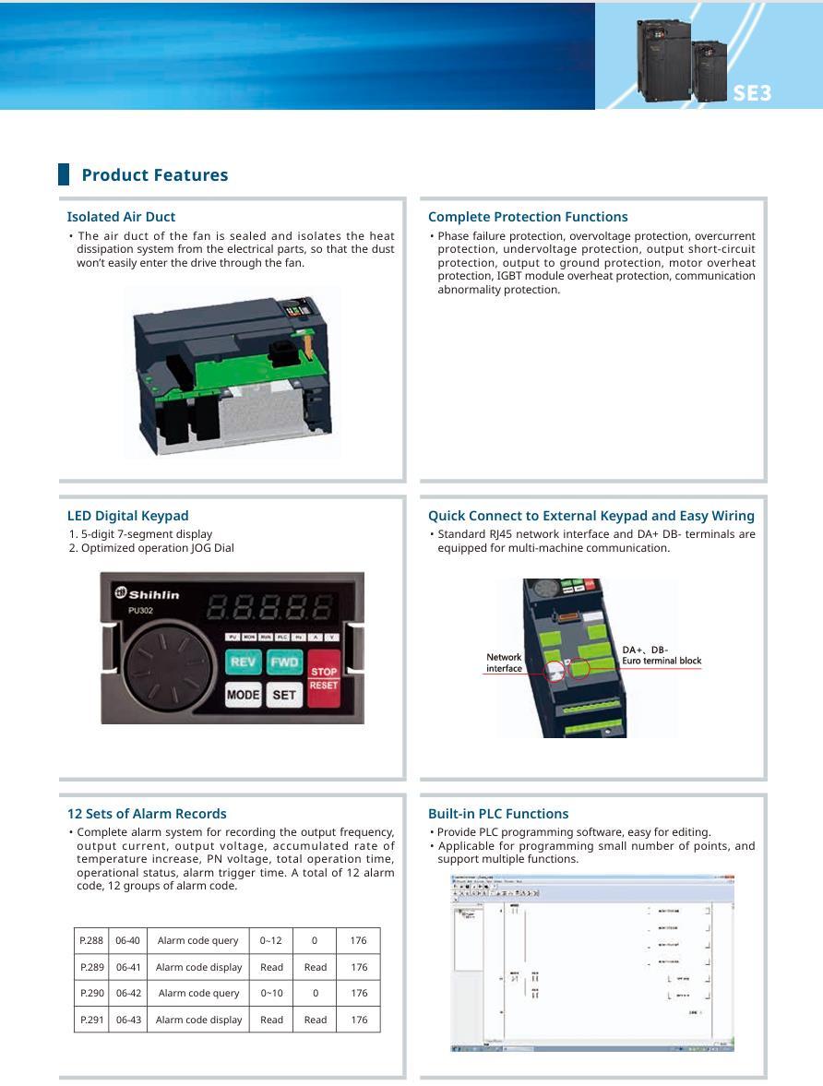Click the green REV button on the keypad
click(244, 662)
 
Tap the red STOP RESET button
click(324, 678)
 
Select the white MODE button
click(244, 695)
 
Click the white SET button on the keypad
click(284, 695)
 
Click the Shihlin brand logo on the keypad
click(147, 592)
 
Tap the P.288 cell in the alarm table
click(91, 940)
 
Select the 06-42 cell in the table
click(128, 993)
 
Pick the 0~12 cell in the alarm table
click(271, 940)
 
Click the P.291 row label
click(91, 1020)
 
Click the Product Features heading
click(154, 175)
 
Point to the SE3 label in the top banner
click(752, 93)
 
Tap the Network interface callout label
click(504, 662)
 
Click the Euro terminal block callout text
click(661, 661)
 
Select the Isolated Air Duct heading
click(121, 217)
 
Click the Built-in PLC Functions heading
click(498, 814)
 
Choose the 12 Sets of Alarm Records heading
click(147, 814)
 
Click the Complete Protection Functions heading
click(528, 217)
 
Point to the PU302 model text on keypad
click(141, 609)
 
